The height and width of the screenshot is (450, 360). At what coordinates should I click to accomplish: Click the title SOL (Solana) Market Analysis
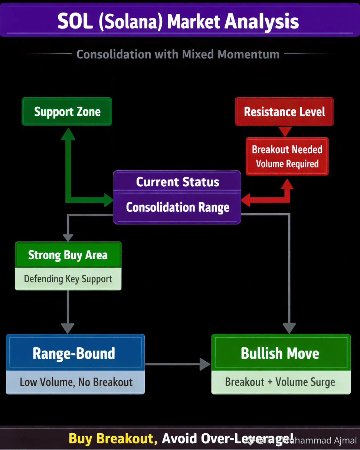(x=178, y=21)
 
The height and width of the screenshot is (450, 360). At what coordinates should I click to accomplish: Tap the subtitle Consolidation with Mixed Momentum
(x=178, y=55)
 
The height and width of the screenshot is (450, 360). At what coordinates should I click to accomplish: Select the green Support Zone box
(x=67, y=112)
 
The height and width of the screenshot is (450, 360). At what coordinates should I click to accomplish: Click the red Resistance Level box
(x=285, y=112)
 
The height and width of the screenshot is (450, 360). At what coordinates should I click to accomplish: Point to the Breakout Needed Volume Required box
(x=287, y=157)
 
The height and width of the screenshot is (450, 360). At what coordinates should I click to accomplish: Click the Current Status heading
(x=177, y=182)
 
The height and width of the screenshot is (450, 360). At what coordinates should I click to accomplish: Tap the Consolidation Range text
(x=177, y=207)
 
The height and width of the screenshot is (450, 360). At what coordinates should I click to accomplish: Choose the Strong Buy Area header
(x=68, y=255)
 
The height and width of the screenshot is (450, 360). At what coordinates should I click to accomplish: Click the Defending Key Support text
(x=68, y=279)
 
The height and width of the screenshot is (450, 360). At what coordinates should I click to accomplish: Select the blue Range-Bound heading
(x=74, y=353)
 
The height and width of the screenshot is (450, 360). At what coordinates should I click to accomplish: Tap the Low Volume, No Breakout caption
(x=76, y=382)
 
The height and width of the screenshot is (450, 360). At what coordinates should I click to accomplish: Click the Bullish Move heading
(x=280, y=353)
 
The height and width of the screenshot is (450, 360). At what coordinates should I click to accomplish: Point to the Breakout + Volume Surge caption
(x=280, y=382)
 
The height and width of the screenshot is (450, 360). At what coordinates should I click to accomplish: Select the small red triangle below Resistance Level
(x=285, y=131)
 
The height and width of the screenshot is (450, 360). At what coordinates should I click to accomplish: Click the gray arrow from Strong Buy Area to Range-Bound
(x=68, y=312)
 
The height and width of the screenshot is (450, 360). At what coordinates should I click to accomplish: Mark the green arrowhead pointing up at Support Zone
(x=68, y=134)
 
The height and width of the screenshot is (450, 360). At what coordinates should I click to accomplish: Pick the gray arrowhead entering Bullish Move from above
(x=289, y=328)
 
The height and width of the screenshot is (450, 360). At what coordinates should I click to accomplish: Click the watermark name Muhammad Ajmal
(x=319, y=441)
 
